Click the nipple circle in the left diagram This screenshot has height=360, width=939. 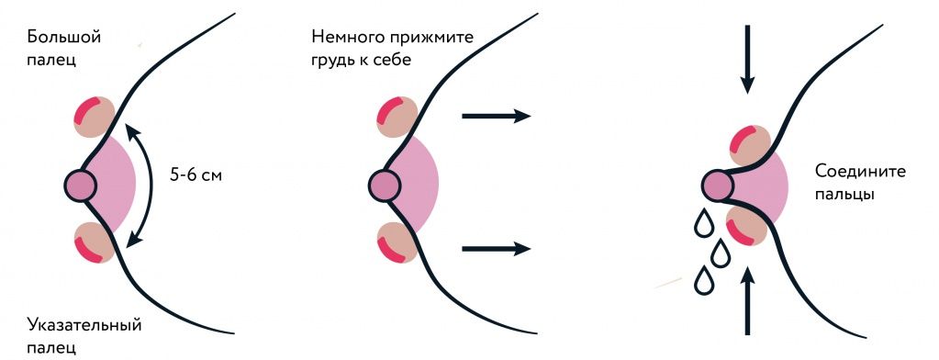tap(82, 186)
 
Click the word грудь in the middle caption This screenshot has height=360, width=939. tap(336, 60)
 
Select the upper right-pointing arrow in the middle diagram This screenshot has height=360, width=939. tap(496, 116)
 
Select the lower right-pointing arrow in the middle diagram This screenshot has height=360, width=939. tap(496, 248)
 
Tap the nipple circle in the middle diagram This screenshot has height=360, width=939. tap(386, 186)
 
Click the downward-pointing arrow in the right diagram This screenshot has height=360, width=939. tap(748, 59)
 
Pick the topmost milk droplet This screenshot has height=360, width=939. tap(703, 222)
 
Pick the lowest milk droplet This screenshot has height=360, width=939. tap(704, 280)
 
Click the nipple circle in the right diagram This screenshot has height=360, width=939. tap(717, 186)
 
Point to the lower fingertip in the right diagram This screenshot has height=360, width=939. tap(746, 227)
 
